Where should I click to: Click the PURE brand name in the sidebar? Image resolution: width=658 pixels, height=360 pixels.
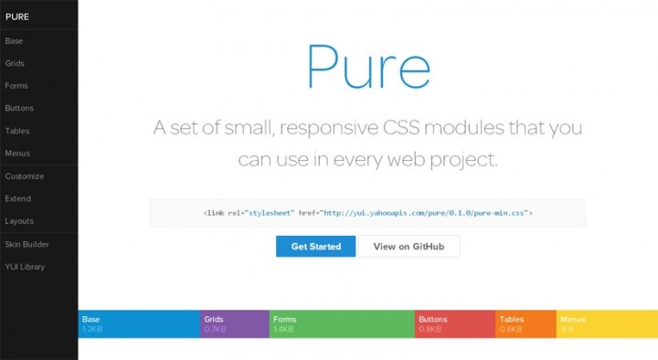coord(16,16)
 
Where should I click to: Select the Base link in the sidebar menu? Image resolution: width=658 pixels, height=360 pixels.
coord(14,41)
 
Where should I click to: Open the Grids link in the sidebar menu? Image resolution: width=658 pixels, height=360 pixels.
coord(15,63)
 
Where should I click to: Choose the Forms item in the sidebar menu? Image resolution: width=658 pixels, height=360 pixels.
coord(16,86)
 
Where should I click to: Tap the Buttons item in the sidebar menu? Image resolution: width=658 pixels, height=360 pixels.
coord(19,109)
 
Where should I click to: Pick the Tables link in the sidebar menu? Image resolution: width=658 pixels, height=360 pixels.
coord(17,131)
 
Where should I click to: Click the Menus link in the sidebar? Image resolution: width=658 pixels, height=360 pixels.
coord(17,154)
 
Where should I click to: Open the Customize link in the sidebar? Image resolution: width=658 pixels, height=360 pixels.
coord(25,176)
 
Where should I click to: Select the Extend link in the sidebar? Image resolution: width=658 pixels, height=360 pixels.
coord(18,198)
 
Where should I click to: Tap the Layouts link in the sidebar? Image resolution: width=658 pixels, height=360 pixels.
coord(19,221)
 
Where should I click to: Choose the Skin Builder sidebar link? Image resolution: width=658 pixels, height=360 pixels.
coord(27,244)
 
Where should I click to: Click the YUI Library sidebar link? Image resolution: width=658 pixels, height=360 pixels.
coord(25,267)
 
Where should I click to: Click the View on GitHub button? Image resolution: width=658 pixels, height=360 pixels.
coord(409,247)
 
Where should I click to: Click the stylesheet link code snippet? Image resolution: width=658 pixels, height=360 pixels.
coord(367,213)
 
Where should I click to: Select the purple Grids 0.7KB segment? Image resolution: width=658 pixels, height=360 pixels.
coord(234,324)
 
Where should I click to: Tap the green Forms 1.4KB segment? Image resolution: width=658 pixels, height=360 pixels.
coord(342,324)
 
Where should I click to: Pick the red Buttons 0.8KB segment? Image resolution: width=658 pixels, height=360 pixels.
coord(455,324)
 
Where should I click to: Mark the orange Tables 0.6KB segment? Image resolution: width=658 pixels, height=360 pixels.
coord(525,324)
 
